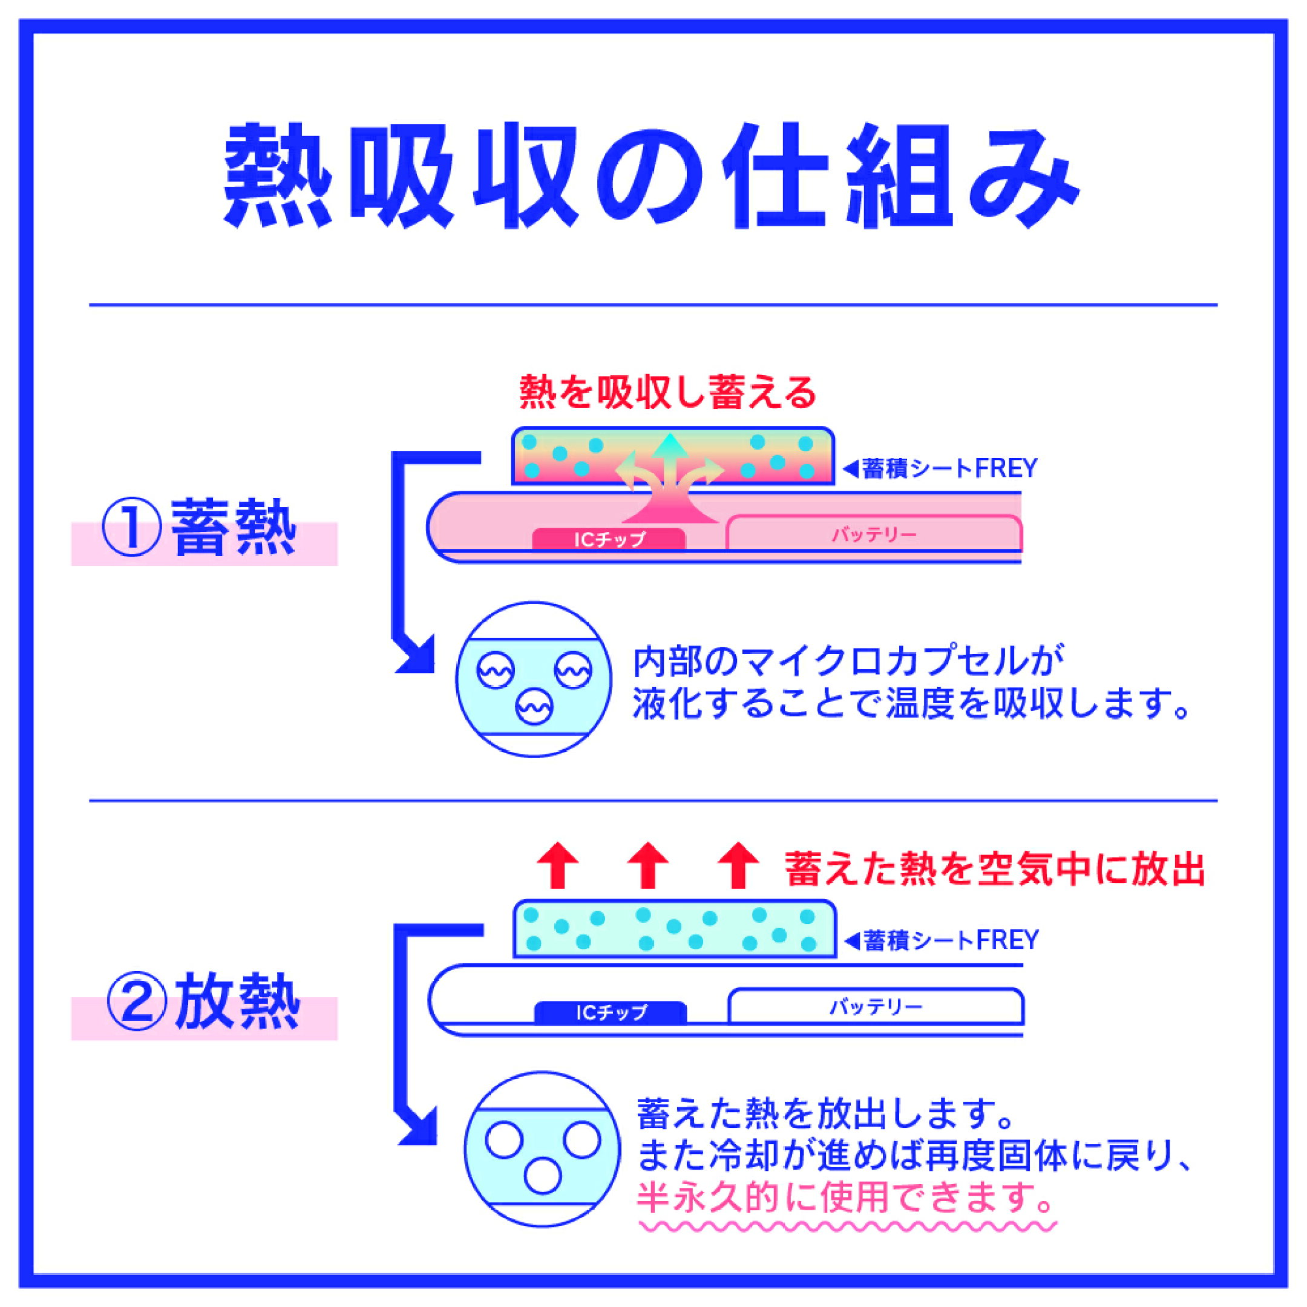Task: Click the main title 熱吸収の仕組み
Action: click(x=651, y=176)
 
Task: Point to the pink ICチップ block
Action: click(x=609, y=539)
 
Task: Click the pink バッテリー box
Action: click(x=873, y=533)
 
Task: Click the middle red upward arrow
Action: click(x=647, y=865)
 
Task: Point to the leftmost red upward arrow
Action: click(x=557, y=865)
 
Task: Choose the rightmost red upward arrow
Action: click(x=738, y=865)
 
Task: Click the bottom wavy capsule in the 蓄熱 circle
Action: click(x=534, y=707)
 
